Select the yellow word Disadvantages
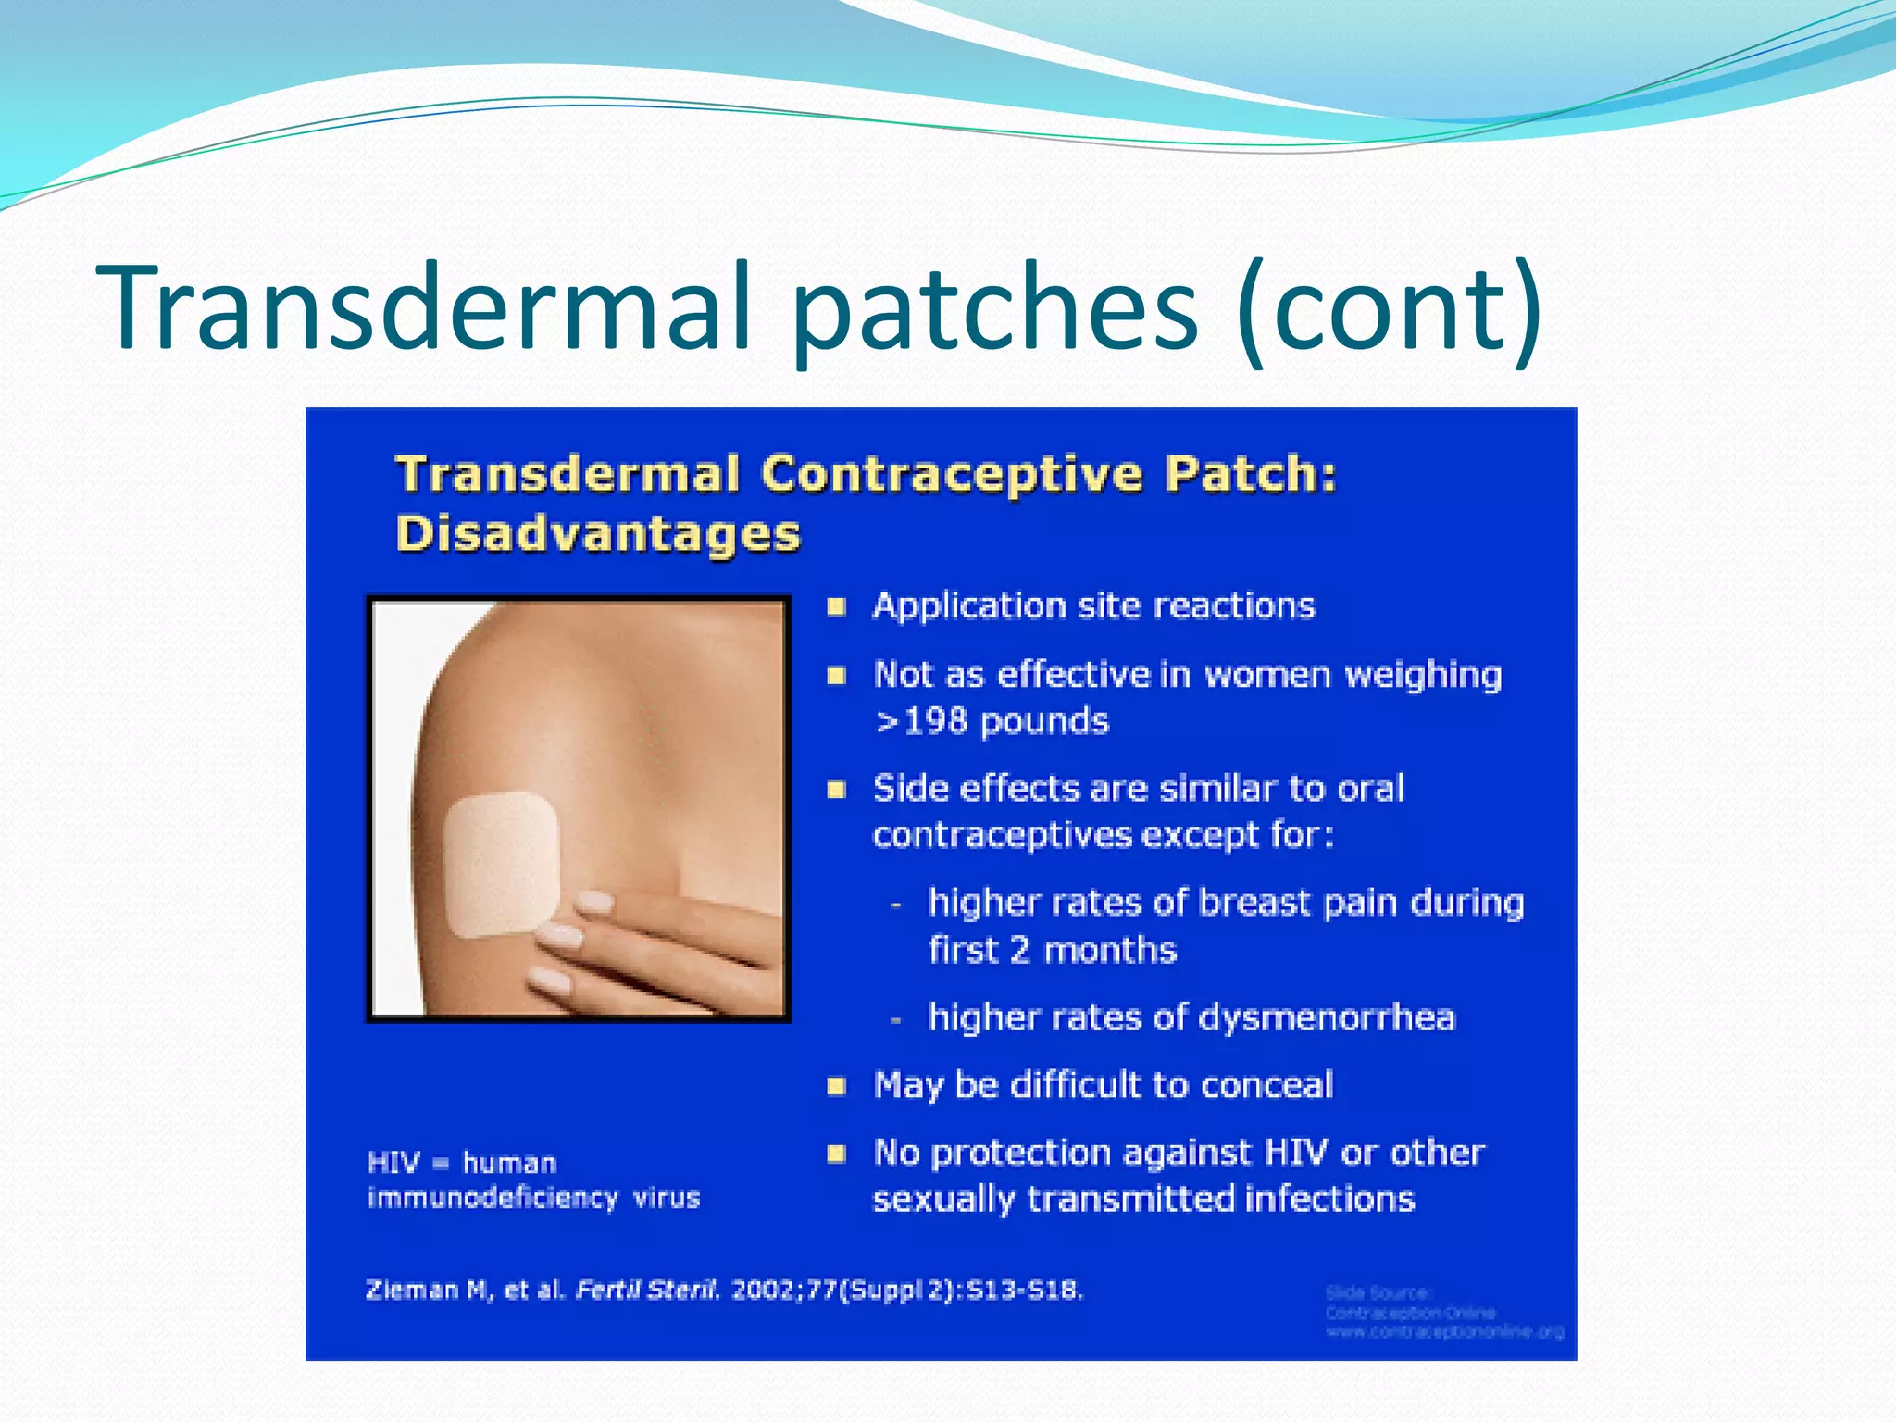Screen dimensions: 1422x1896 pyautogui.click(x=598, y=534)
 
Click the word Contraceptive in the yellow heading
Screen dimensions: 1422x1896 pyautogui.click(x=953, y=474)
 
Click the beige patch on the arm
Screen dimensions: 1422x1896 pyautogui.click(x=501, y=864)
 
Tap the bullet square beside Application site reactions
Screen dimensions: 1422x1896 pyautogui.click(x=836, y=607)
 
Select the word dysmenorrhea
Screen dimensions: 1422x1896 pyautogui.click(x=1326, y=1017)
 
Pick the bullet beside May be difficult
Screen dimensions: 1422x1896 pyautogui.click(x=836, y=1086)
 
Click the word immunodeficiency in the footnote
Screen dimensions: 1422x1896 pyautogui.click(x=493, y=1198)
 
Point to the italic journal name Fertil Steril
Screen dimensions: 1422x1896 pyautogui.click(x=646, y=1290)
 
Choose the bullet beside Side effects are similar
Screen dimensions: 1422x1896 pyautogui.click(x=836, y=790)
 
